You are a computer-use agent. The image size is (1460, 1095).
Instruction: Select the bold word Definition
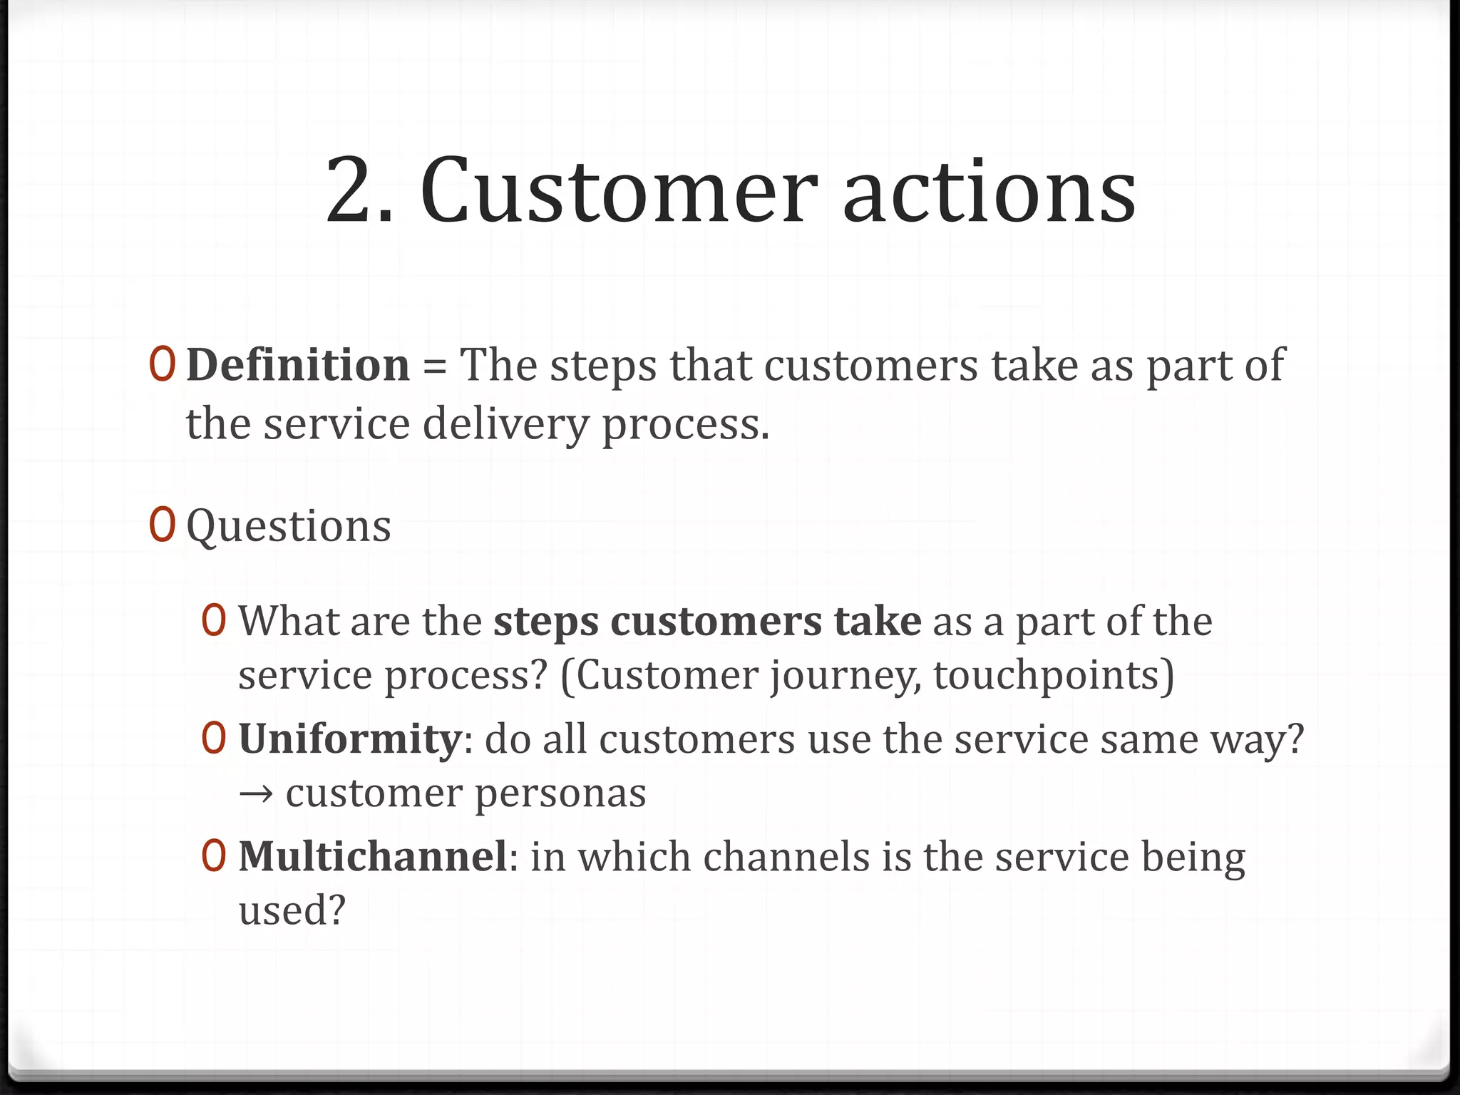tap(298, 365)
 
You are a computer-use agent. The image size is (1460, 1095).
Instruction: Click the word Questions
tap(289, 527)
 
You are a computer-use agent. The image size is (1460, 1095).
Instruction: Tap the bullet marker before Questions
tap(163, 525)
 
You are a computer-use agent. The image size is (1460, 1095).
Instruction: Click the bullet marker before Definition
tap(163, 364)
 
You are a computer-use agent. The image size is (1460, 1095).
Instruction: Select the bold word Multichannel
tap(372, 857)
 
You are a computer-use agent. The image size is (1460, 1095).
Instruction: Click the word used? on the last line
tap(292, 910)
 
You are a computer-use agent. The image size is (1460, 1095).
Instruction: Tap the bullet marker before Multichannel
tap(214, 856)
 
